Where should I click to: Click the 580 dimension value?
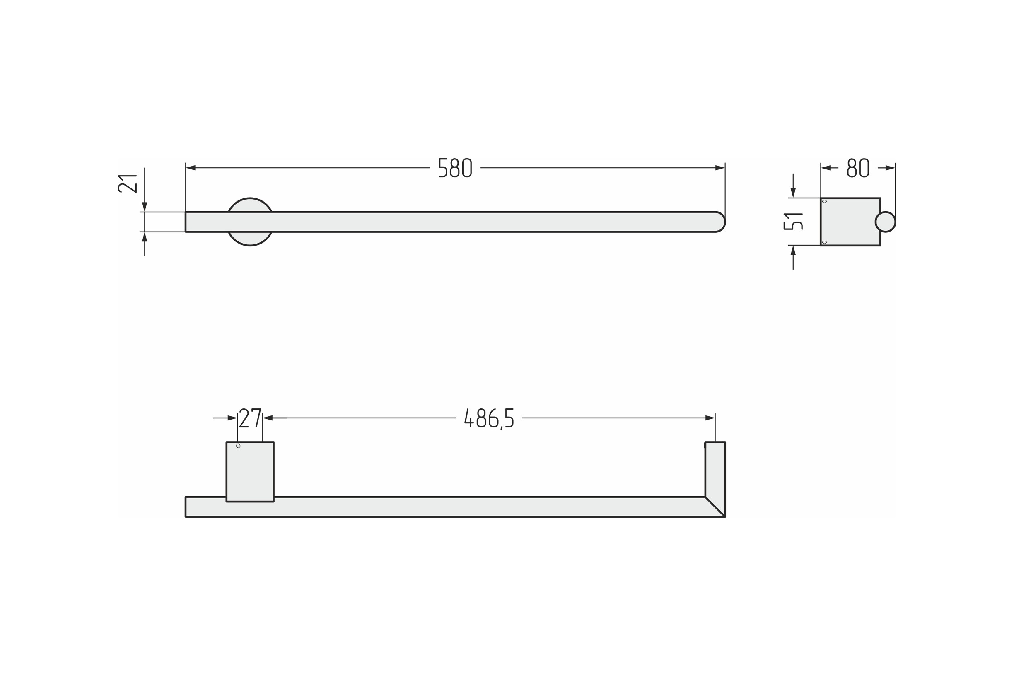[x=455, y=168]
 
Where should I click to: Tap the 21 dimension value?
[x=127, y=183]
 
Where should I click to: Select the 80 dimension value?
[x=858, y=168]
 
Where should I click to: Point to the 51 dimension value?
[x=793, y=221]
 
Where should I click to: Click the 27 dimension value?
[x=250, y=418]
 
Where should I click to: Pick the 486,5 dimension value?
[x=489, y=419]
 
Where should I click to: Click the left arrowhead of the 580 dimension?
[x=191, y=168]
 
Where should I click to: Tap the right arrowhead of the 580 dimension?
[x=720, y=168]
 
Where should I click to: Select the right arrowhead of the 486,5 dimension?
[x=710, y=418]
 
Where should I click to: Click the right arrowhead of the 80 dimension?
[x=890, y=168]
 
